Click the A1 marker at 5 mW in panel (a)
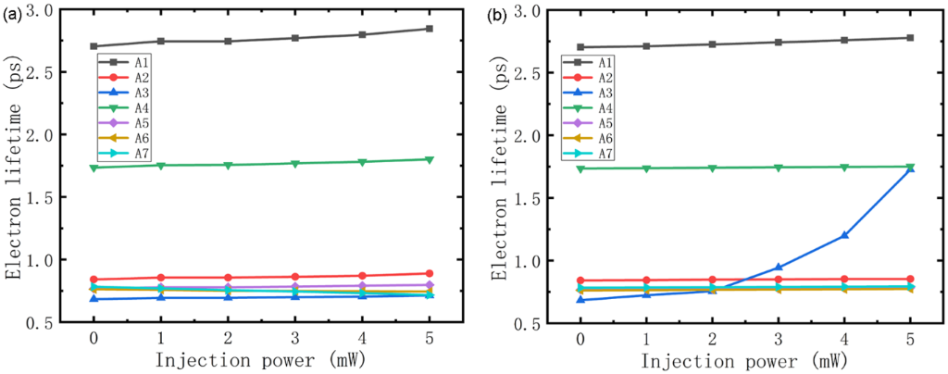[x=429, y=29]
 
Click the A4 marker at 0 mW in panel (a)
[x=94, y=168]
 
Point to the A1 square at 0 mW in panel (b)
[x=580, y=47]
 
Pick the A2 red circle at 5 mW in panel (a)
[x=429, y=274]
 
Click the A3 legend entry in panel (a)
[x=126, y=93]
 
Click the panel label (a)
[x=13, y=13]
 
